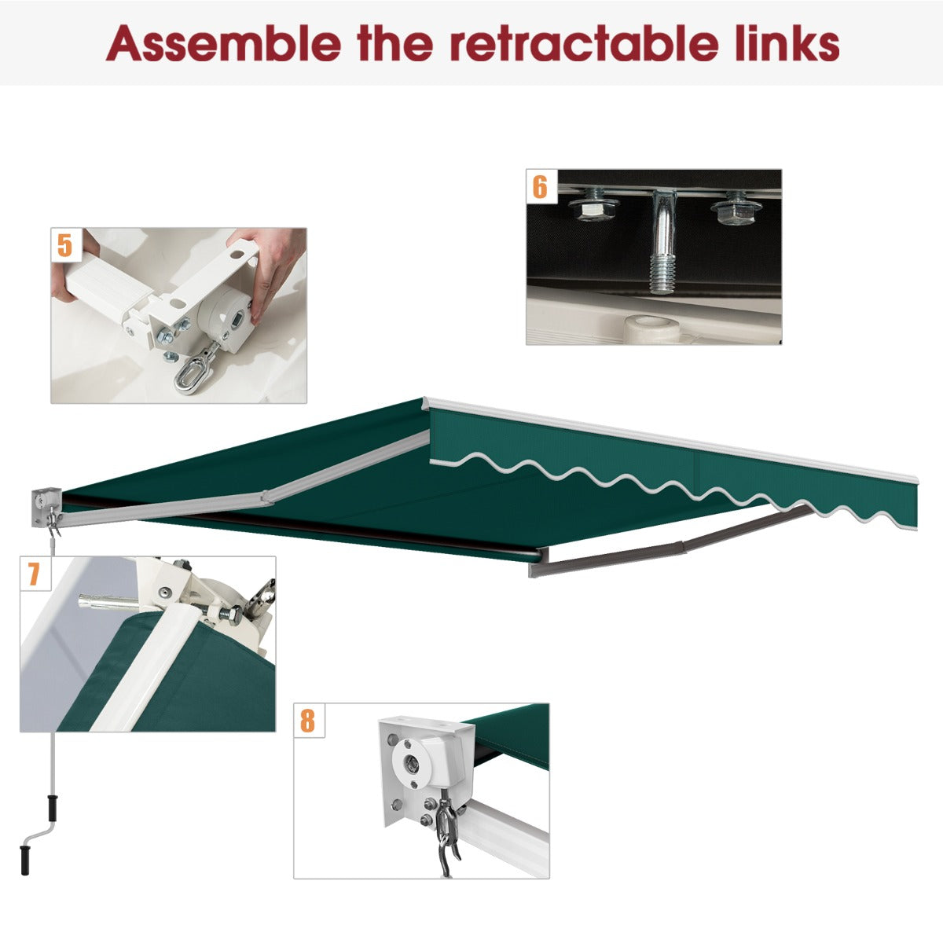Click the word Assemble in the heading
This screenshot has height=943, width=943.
222,43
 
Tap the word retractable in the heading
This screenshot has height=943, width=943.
587,43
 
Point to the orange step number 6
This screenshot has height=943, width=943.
540,187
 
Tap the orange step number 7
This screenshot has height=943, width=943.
33,574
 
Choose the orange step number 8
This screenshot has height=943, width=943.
307,721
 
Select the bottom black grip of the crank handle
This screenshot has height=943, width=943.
24,859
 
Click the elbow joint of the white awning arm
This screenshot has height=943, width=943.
266,497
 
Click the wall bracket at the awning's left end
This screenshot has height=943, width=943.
46,507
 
